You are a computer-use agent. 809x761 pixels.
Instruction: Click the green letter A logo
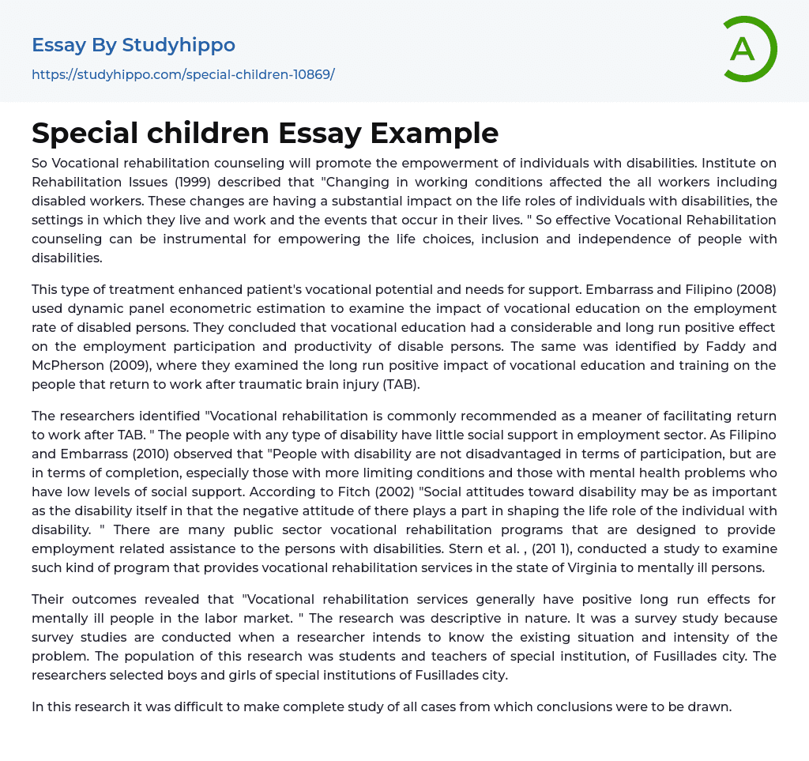[x=746, y=49]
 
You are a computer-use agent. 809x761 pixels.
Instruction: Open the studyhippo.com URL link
[x=182, y=74]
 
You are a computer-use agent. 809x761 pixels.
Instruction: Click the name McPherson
[x=69, y=365]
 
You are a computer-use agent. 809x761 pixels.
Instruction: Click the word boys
[x=180, y=675]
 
